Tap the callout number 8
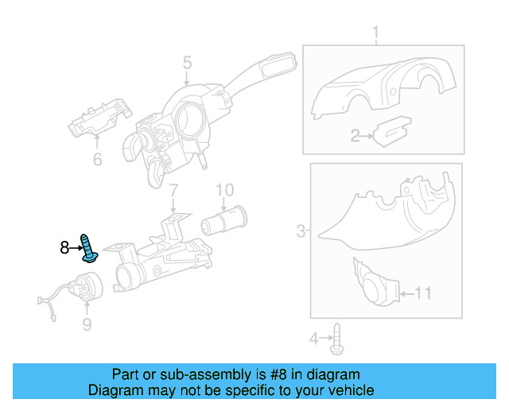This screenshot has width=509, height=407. [x=64, y=248]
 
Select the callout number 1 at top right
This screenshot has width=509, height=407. [x=376, y=33]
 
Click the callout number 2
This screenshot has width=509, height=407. [x=356, y=137]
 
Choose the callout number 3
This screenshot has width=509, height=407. [x=301, y=231]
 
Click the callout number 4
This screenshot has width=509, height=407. [x=313, y=339]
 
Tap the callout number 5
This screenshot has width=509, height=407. [x=187, y=62]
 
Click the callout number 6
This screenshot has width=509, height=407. [x=97, y=160]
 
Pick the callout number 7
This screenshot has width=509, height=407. [x=173, y=190]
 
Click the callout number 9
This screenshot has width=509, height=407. [x=87, y=324]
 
